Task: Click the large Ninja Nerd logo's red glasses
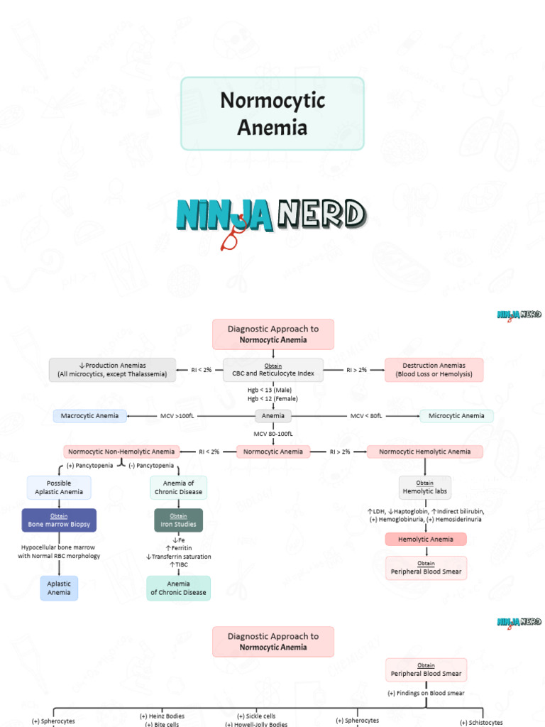[230, 240]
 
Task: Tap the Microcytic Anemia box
[456, 416]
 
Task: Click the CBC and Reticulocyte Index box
[272, 370]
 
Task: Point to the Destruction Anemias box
[434, 370]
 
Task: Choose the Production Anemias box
[112, 370]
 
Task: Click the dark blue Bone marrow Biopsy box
[59, 520]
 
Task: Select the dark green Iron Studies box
[178, 520]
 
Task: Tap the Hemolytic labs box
[424, 487]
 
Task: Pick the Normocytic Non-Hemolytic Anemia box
[121, 452]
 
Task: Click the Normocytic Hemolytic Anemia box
[424, 452]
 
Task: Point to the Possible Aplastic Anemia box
[59, 487]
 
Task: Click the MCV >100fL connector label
[177, 416]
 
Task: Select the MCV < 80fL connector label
[366, 416]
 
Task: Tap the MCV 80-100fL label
[272, 433]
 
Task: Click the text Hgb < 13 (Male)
[272, 390]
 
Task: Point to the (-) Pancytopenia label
[151, 466]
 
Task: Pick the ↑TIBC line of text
[178, 565]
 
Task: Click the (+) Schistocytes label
[481, 722]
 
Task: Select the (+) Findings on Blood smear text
[424, 693]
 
